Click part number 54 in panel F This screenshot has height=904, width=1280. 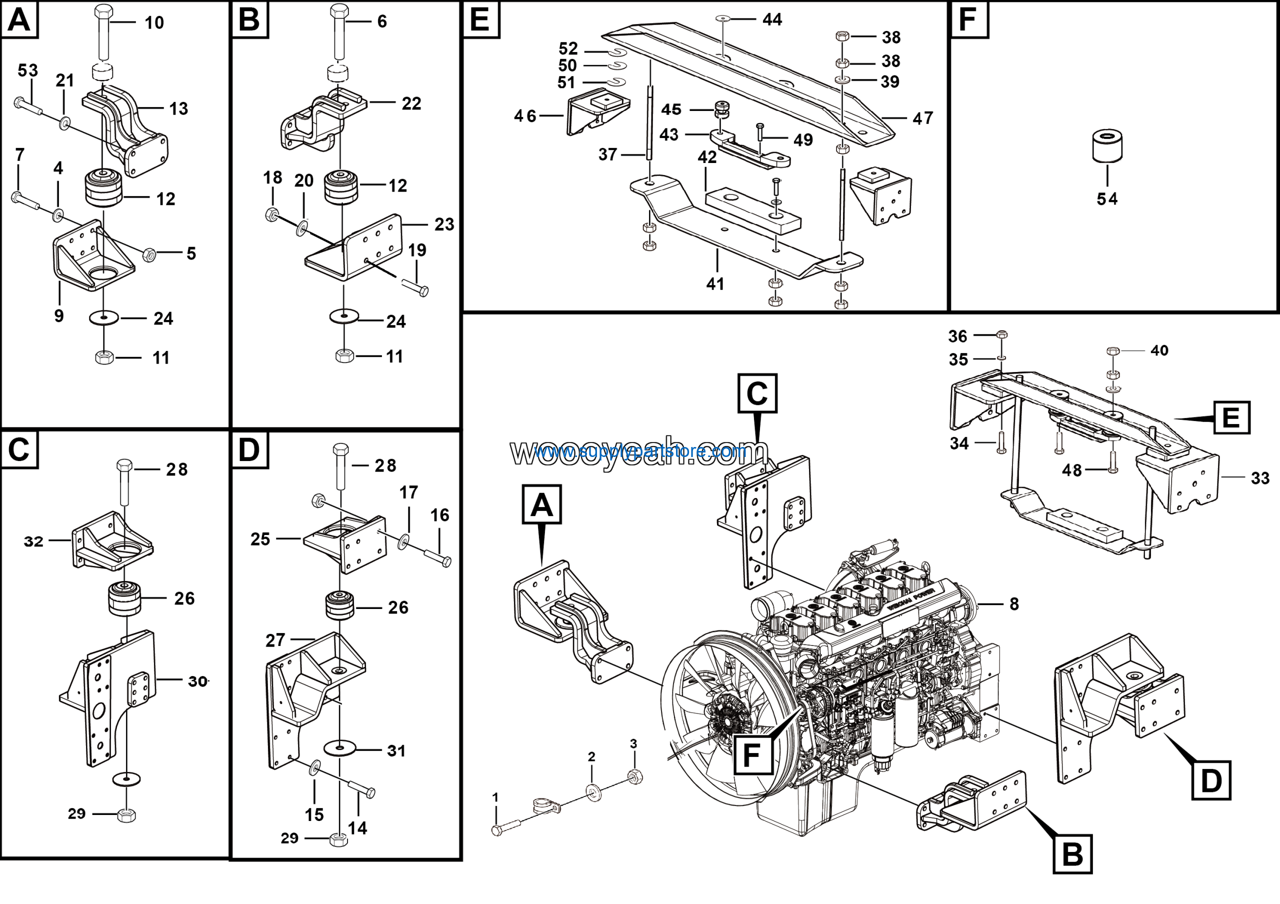coord(1107,199)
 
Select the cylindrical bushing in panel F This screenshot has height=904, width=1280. coord(1107,146)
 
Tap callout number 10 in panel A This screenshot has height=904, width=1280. coord(154,23)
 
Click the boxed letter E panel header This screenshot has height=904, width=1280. coord(480,19)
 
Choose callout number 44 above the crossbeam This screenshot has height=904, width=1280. coord(772,19)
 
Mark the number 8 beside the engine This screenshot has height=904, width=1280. coord(1014,604)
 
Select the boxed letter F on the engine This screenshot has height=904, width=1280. coord(752,755)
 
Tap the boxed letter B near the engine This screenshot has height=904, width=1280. coord(1072,854)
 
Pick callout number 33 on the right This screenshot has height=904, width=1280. coord(1260,478)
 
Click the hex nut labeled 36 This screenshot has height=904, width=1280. coord(1001,335)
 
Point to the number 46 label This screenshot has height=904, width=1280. coord(524,116)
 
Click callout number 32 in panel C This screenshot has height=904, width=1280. coord(33,541)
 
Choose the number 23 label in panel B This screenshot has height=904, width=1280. coord(444,224)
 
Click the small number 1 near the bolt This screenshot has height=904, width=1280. coord(495,797)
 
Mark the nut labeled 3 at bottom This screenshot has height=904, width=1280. coord(635,776)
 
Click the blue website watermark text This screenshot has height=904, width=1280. coord(641,451)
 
